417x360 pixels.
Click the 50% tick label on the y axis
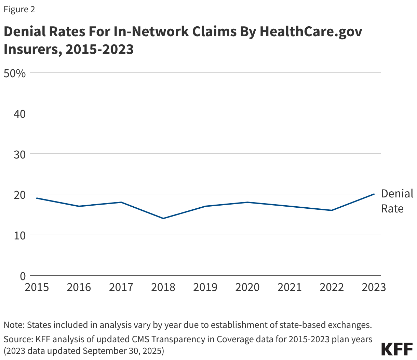click(14, 73)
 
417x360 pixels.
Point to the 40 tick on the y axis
click(20, 114)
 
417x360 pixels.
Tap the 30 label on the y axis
click(20, 154)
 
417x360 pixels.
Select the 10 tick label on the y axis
click(20, 235)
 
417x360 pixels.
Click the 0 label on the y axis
click(23, 276)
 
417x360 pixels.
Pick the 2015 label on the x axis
click(37, 287)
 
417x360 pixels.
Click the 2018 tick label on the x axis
click(163, 287)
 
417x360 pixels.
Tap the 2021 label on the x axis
click(290, 287)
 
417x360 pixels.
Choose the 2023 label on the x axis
click(374, 287)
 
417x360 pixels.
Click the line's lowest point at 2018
click(163, 218)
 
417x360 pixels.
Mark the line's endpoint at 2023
click(374, 194)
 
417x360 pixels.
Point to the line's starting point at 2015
click(37, 198)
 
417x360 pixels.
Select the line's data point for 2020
click(247, 202)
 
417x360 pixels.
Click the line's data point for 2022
click(332, 210)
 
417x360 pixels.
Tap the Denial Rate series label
click(396, 201)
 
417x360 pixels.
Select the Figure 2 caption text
click(19, 9)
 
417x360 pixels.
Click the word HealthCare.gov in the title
click(311, 31)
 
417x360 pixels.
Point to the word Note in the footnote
click(13, 325)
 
